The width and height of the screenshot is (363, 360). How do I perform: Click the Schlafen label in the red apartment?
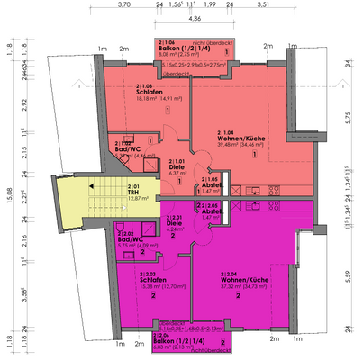[x=150, y=91]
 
